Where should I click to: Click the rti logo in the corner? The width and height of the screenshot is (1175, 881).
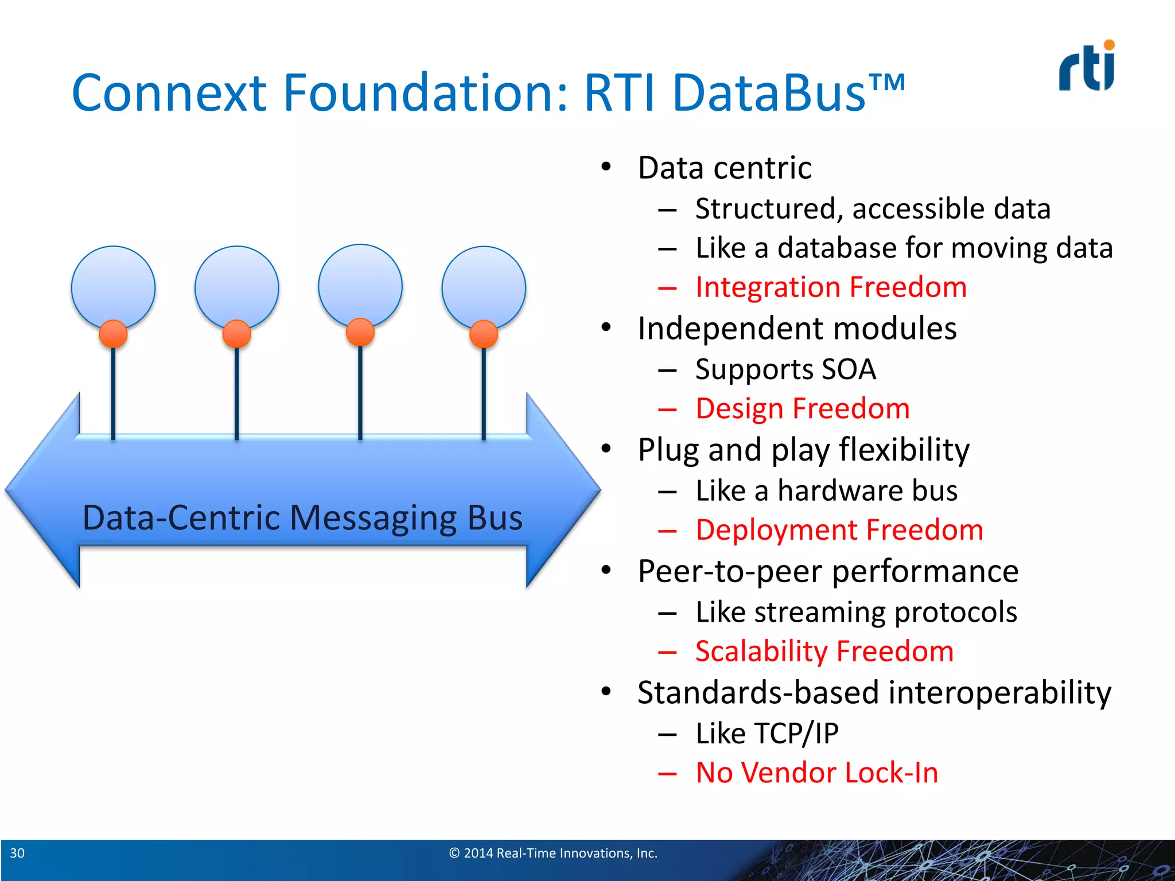tap(1087, 68)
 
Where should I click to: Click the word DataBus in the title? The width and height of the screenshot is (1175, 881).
tap(769, 93)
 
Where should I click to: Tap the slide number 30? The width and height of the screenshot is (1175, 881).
tap(17, 853)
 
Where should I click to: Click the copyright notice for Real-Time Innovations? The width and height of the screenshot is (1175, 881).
tap(553, 853)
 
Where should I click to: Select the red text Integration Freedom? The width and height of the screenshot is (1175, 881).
tap(830, 287)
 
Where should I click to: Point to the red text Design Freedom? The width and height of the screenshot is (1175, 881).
tap(802, 409)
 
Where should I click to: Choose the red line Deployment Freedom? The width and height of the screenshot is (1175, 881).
tap(839, 530)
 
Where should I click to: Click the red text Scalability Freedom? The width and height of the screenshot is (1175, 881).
tap(824, 652)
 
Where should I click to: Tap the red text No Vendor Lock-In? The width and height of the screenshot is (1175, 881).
tap(816, 773)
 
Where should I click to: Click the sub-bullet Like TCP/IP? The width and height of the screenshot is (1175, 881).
tap(767, 734)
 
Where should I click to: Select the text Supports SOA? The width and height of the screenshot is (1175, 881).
tap(785, 369)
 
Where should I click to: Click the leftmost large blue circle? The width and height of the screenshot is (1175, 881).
tap(113, 284)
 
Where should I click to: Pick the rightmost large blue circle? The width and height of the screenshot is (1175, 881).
tap(484, 284)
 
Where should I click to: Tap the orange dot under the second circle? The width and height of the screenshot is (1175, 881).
tap(236, 334)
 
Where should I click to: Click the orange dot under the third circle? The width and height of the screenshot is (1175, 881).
tap(360, 332)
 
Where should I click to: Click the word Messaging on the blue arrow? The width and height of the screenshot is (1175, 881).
tap(372, 518)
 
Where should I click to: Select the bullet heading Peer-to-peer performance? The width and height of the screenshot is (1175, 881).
tap(827, 572)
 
